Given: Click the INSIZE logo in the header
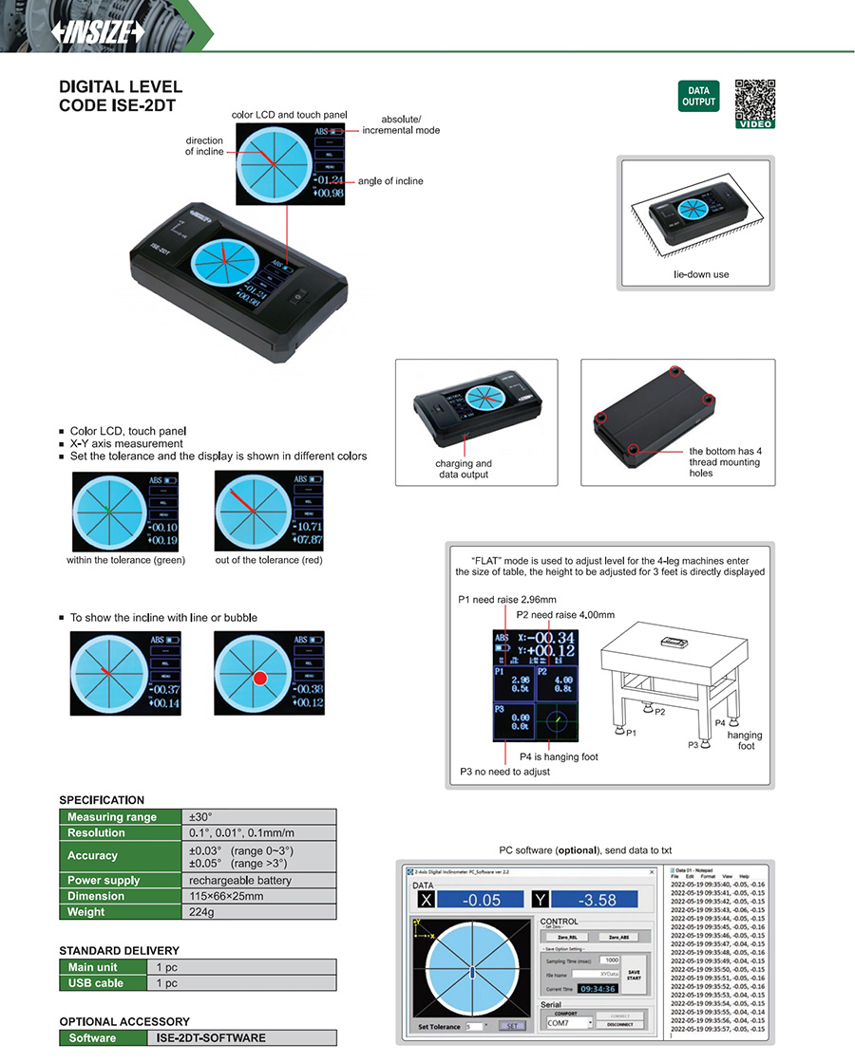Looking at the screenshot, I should (99, 30).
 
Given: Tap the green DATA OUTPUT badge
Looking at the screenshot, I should (698, 97).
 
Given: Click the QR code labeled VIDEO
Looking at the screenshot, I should (755, 101).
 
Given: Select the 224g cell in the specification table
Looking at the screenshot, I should (258, 912).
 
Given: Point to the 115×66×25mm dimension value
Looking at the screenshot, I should (258, 896).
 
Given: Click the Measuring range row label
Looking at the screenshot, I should (121, 816).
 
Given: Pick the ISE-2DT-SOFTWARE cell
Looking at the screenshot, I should (244, 1038).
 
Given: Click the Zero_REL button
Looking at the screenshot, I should (569, 937).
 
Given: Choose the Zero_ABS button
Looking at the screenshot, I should (617, 937).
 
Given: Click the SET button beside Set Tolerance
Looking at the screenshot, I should (511, 1026).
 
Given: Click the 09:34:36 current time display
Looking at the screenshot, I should (598, 988).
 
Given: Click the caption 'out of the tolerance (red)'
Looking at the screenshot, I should (269, 560).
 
